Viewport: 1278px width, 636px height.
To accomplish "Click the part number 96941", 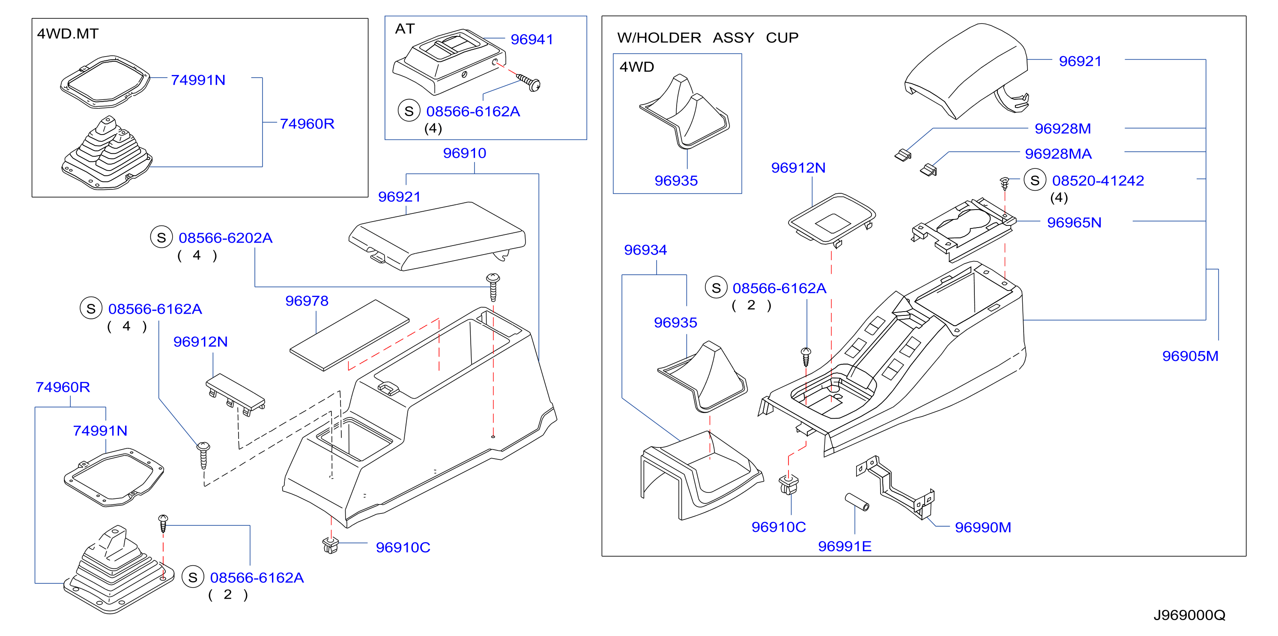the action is point(532,39).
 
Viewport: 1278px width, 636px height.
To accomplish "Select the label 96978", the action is point(307,301).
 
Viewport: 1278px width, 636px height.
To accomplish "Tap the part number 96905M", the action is point(1190,356).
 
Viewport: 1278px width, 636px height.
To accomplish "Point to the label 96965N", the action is point(1074,222).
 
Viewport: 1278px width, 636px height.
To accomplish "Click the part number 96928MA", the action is point(1058,154).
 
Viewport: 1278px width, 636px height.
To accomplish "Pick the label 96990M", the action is point(982,527).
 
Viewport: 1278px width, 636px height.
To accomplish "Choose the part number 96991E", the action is point(845,546).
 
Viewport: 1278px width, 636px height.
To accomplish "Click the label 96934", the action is point(645,250).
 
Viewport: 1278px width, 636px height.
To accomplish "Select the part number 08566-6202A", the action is point(225,238).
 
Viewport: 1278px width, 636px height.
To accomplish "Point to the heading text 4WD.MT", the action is point(68,34).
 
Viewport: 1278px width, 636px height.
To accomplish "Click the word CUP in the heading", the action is point(782,38).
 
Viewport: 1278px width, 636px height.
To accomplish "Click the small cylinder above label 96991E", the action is point(857,502).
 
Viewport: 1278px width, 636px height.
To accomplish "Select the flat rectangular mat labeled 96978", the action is point(349,335).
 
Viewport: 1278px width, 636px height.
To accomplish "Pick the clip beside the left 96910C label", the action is point(330,545).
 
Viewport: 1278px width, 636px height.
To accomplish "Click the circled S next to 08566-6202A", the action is point(161,237).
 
